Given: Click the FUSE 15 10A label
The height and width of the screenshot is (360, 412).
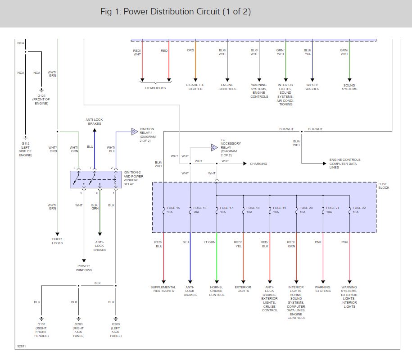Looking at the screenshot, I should pos(173,210).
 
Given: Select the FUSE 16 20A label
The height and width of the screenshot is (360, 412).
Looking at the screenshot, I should pos(200,210).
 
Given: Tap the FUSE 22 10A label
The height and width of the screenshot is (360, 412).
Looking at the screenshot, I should pos(359,210).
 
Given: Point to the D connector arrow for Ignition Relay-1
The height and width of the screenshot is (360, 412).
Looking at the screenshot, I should pos(134,132).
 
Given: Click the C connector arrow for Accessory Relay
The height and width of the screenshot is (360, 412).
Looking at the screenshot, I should pos(214,147).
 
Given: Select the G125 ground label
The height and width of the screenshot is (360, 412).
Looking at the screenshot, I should pos(41,100).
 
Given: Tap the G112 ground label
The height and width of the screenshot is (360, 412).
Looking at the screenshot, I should pos(26,149).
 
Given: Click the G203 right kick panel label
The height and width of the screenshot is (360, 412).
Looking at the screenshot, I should pos(78,330).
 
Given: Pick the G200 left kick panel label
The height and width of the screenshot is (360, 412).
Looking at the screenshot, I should pos(116,330).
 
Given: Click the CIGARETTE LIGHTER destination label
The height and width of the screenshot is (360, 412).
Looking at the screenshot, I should pos(195,87).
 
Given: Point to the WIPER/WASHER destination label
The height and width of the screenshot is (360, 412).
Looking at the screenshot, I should pos(312,87).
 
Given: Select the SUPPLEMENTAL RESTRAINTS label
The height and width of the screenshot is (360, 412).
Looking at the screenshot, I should pos(163,289).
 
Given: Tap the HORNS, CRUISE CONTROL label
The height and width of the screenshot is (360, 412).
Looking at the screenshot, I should pos(217,291).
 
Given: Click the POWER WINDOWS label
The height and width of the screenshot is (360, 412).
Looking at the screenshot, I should pos(84,268).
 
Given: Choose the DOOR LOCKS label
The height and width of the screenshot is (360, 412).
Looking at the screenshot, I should pos(57,241).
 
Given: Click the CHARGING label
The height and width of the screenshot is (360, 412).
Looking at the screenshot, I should pos(258,164).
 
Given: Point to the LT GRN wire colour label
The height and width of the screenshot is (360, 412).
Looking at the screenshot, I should pos(210,242).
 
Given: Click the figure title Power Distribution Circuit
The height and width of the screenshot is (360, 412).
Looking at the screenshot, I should pos(176,12).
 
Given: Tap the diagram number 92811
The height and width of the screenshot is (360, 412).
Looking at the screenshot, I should pos(22,346).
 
